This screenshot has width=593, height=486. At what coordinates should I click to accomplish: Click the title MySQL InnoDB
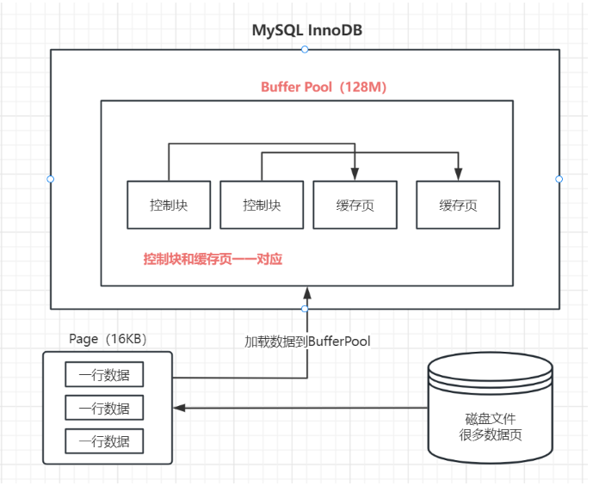pyautogui.click(x=306, y=30)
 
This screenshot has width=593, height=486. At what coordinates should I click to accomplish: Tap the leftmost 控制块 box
pyautogui.click(x=169, y=205)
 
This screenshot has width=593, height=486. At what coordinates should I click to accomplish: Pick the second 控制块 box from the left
pyautogui.click(x=262, y=205)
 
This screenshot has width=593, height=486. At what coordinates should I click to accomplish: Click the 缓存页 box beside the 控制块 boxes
pyautogui.click(x=355, y=205)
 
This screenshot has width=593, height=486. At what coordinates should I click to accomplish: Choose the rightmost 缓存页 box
pyautogui.click(x=458, y=205)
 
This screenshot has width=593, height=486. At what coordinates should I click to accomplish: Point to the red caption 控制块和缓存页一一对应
pyautogui.click(x=213, y=259)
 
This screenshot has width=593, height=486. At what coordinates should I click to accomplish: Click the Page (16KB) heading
pyautogui.click(x=108, y=339)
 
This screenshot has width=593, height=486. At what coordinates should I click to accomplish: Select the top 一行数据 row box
pyautogui.click(x=104, y=376)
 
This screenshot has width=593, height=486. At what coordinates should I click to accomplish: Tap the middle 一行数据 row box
pyautogui.click(x=104, y=409)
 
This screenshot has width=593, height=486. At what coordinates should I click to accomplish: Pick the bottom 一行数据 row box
pyautogui.click(x=104, y=441)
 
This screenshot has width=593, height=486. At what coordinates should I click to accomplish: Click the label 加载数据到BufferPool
pyautogui.click(x=307, y=341)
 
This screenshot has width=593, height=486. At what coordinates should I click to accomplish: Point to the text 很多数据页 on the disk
pyautogui.click(x=491, y=434)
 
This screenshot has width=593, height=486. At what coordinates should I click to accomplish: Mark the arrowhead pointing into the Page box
pyautogui.click(x=178, y=409)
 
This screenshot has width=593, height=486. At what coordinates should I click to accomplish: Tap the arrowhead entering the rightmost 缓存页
pyautogui.click(x=458, y=175)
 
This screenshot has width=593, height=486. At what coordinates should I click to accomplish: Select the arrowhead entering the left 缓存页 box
pyautogui.click(x=355, y=175)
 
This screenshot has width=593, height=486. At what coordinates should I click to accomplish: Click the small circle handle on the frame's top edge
pyautogui.click(x=305, y=49)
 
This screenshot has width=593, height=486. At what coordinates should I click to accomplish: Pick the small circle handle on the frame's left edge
pyautogui.click(x=50, y=179)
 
